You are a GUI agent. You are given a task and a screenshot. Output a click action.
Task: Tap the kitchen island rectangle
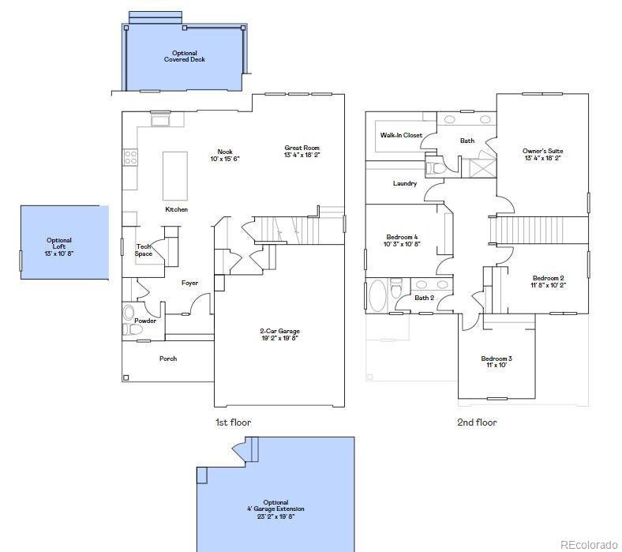tap(175, 176)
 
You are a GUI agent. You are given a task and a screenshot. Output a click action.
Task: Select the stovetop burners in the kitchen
tap(130, 156)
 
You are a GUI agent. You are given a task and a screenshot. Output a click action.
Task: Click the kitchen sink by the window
tap(160, 120)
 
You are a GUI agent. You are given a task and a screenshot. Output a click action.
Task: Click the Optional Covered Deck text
tap(185, 56)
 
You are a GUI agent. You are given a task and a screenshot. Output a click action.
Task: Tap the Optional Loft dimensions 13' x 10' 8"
tap(59, 253)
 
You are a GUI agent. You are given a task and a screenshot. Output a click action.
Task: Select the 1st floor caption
tap(234, 422)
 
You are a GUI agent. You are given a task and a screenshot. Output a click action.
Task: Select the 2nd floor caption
tap(477, 422)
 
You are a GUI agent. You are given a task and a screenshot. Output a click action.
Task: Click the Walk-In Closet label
tap(401, 135)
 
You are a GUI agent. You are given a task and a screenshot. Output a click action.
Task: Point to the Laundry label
tap(405, 183)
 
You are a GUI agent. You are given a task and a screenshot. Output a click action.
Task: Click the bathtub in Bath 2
tap(377, 296)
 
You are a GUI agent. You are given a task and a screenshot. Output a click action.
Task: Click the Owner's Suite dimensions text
tap(542, 157)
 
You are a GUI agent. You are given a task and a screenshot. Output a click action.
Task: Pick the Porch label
tap(168, 359)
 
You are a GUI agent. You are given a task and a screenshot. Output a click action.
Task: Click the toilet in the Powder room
tap(133, 330)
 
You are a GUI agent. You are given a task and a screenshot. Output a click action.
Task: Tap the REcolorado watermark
tap(589, 544)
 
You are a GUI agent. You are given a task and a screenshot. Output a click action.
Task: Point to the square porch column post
tap(126, 377)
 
